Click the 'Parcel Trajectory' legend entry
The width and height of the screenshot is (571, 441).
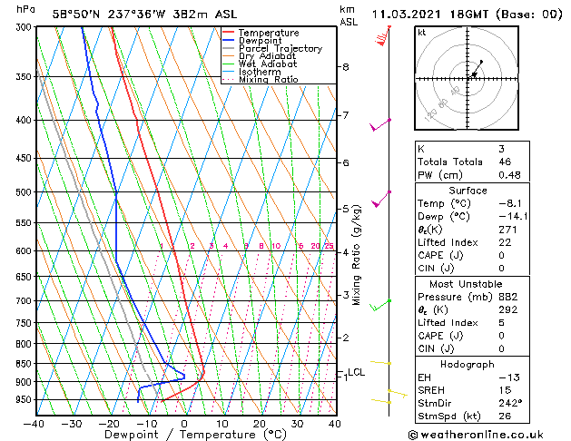pyautogui.click(x=280, y=49)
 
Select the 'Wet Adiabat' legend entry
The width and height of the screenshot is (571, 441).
pyautogui.click(x=268, y=64)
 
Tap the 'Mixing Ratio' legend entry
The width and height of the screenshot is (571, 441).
pyautogui.click(x=268, y=80)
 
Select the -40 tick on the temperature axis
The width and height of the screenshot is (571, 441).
pyautogui.click(x=34, y=424)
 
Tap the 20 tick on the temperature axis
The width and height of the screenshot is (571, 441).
pyautogui.click(x=260, y=424)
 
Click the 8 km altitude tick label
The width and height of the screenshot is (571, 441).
pyautogui.click(x=345, y=67)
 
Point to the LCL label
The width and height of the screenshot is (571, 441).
pyautogui.click(x=356, y=372)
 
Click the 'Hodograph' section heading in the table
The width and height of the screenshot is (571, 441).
pyautogui.click(x=467, y=364)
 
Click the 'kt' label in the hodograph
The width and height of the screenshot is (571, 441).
pyautogui.click(x=422, y=33)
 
